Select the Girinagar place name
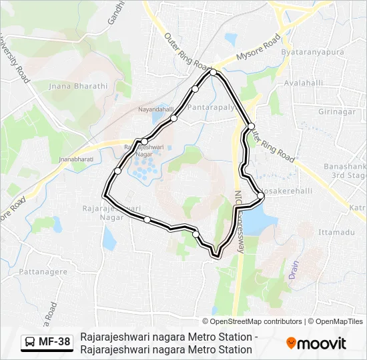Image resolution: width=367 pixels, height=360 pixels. pos(337,112)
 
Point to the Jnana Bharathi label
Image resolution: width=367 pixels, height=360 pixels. pos(78,86)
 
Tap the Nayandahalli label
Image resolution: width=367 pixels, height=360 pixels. pos(155,108)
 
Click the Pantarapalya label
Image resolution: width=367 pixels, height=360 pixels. pos(212,107)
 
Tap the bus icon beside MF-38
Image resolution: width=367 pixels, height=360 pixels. pos(31,343)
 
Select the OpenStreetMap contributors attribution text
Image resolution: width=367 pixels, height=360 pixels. pos(252,321)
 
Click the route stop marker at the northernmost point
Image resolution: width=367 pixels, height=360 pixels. pos(213,72)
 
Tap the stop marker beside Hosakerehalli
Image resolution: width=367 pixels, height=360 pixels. pos(261,195)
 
